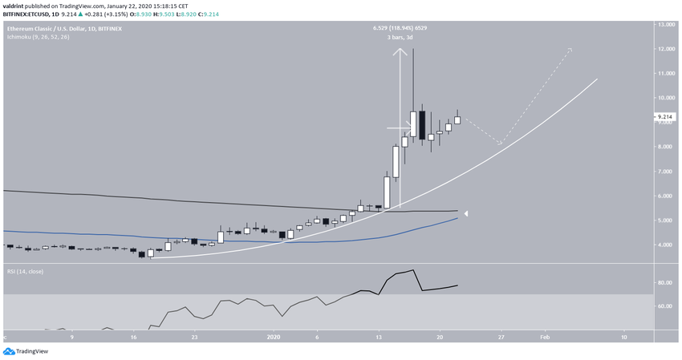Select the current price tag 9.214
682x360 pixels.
666,117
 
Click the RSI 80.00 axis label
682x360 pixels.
665,282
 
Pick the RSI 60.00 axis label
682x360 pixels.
665,305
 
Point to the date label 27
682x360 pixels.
501,338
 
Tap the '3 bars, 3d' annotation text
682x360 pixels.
398,38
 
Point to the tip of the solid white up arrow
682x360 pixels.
399,50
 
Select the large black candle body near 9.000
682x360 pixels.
422,125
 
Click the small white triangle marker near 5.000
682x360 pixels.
466,213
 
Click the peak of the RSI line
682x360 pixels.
412,270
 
